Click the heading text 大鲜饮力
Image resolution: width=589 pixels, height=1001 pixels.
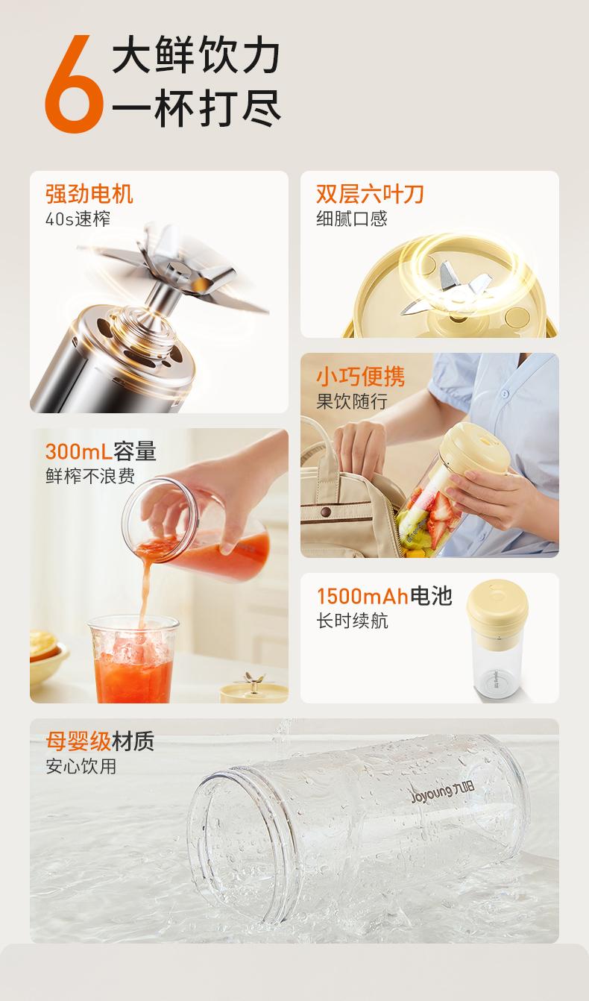196,55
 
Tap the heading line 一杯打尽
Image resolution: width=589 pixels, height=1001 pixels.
196,108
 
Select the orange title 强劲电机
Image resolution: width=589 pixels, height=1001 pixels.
89,194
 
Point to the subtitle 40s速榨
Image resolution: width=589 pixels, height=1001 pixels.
78,219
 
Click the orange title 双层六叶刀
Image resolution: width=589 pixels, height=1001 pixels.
370,194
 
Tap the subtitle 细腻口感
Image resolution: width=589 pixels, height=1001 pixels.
352,219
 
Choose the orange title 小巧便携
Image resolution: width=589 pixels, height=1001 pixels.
360,376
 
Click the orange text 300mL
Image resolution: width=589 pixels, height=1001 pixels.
78,451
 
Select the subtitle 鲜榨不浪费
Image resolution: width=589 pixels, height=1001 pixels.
90,476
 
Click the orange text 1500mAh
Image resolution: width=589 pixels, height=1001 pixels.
362,596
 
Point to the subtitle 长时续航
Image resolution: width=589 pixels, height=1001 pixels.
352,621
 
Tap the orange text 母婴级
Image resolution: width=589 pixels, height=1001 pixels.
78,741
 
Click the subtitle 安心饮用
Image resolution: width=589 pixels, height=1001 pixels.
81,766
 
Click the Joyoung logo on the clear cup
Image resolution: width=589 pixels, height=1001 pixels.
443,793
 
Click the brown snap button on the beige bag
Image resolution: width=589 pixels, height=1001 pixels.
326,511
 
